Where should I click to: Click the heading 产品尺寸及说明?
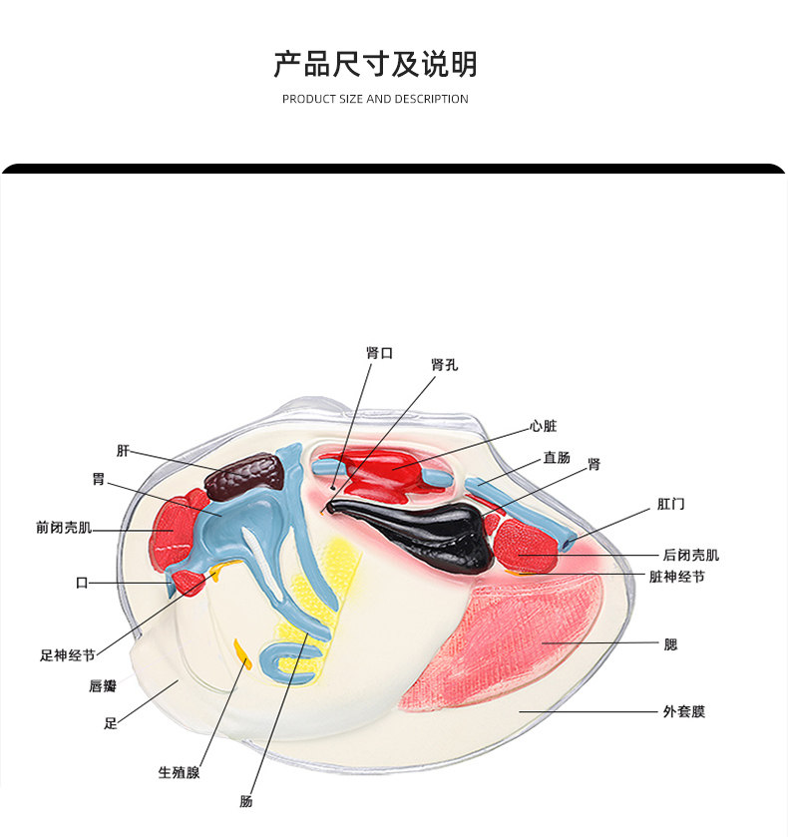coord(375,64)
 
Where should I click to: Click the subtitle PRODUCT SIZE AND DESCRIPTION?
coord(375,99)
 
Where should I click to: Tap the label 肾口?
coord(379,353)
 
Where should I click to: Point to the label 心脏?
coord(544,426)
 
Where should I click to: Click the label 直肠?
coord(557,458)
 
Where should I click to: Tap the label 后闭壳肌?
coord(690,555)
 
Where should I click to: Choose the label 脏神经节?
coord(676,577)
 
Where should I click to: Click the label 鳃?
coord(670,644)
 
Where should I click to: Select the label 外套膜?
coord(683,712)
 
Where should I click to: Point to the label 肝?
coord(123,451)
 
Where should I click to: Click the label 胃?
coord(98,480)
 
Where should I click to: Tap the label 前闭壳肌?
coord(63,528)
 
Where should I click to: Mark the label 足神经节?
coord(68,655)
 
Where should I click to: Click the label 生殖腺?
coord(179,772)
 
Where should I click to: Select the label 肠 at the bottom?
coord(246,800)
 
